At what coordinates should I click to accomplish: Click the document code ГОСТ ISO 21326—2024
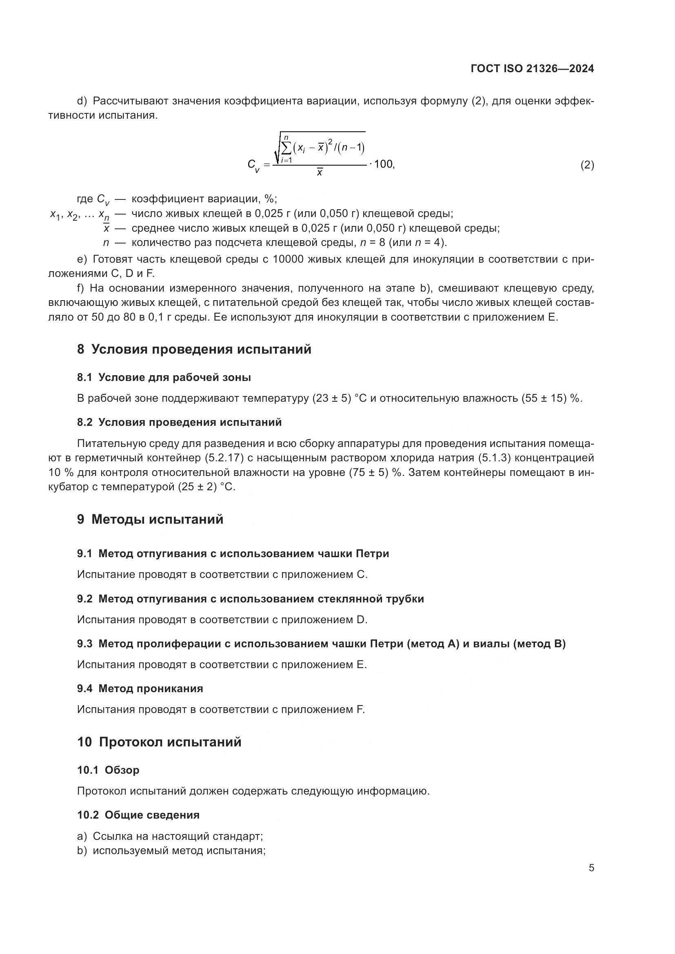[x=532, y=69]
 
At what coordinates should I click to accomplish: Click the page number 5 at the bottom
[x=591, y=868]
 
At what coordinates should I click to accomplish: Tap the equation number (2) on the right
[x=587, y=165]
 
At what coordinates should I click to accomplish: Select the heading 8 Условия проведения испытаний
[x=194, y=349]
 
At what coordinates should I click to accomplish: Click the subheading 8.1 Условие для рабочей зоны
[x=164, y=377]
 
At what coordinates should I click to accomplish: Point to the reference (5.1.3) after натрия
[x=497, y=458]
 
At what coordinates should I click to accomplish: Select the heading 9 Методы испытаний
[x=150, y=519]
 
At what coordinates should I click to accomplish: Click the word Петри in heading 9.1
[x=373, y=553]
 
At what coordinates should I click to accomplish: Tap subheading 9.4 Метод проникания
[x=140, y=688]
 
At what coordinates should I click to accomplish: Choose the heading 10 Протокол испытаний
[x=159, y=742]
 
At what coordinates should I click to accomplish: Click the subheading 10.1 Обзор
[x=108, y=770]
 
